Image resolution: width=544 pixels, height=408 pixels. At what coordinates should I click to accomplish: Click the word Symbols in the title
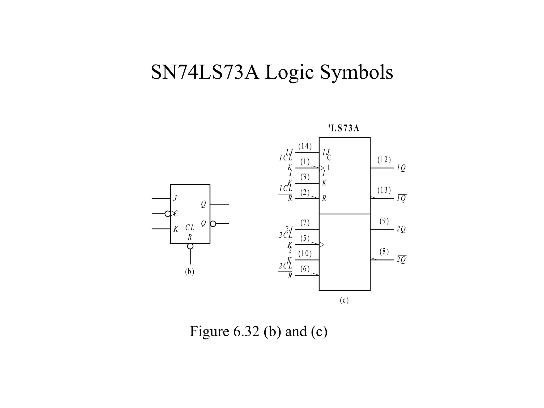356,73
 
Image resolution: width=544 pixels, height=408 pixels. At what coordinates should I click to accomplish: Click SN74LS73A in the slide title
205,72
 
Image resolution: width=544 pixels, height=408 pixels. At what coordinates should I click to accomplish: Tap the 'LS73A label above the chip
344,129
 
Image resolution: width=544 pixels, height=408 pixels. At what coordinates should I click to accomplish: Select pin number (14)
305,146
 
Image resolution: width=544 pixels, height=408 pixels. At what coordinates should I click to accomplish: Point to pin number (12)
384,160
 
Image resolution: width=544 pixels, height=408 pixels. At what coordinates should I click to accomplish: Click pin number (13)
384,190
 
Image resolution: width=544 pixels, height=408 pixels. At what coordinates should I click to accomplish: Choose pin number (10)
305,254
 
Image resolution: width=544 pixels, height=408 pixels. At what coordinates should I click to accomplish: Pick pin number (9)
384,221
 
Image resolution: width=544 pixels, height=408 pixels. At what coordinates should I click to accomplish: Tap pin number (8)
384,252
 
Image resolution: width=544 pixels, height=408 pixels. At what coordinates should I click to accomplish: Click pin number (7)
305,223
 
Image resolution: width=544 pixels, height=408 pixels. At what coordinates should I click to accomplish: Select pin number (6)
305,269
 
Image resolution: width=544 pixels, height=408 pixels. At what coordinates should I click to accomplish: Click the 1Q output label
401,168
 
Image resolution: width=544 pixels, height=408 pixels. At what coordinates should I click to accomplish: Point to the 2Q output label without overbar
401,229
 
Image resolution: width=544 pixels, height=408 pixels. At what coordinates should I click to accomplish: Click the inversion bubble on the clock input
168,214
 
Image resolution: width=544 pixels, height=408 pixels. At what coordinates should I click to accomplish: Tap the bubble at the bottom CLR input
190,246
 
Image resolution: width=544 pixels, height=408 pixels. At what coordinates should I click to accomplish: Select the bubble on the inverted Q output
213,224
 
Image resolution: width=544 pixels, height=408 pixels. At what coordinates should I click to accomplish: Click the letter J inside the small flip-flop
175,198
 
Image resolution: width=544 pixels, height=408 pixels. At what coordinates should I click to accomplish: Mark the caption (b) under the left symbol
190,272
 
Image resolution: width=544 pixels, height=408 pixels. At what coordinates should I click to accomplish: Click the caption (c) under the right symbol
344,300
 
